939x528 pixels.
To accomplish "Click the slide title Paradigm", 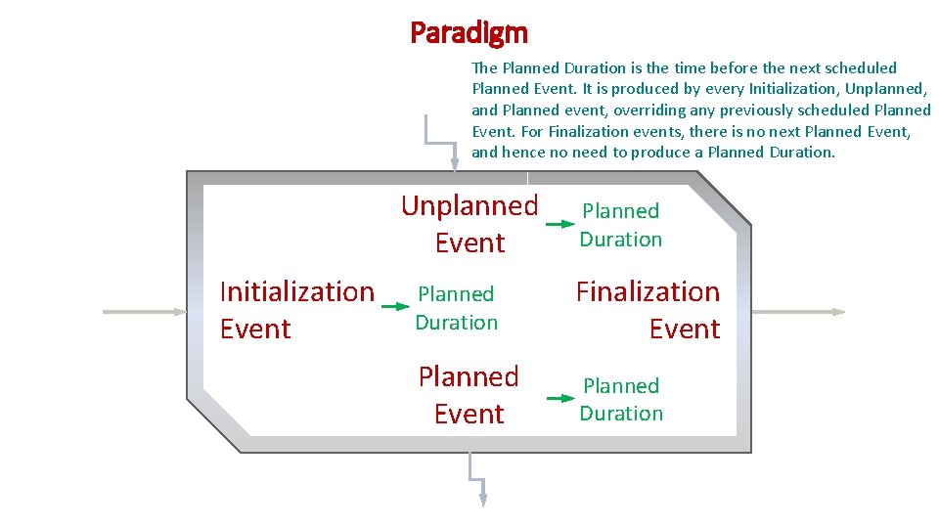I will [x=469, y=33].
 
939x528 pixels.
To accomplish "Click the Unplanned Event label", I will [x=469, y=224].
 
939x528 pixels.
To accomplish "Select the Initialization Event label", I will [x=296, y=310].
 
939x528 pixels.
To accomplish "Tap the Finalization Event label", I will [x=648, y=310].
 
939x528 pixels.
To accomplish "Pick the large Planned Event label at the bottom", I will [x=469, y=395].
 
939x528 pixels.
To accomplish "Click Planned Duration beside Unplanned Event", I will [x=621, y=225].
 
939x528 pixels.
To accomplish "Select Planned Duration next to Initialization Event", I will [x=456, y=308].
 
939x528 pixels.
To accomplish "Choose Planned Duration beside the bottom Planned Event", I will [x=621, y=400].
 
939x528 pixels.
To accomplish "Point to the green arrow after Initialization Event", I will [x=395, y=306].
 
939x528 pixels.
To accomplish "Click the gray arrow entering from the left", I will [x=145, y=312].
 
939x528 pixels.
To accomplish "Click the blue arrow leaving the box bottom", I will [x=477, y=479].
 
